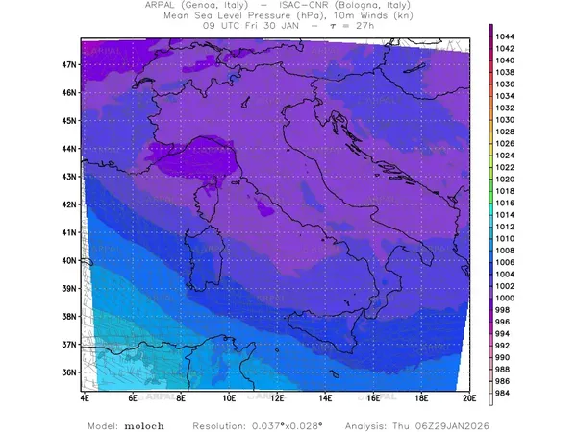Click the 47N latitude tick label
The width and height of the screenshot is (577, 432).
pyautogui.click(x=69, y=64)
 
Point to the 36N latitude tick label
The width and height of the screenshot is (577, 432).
pyautogui.click(x=69, y=372)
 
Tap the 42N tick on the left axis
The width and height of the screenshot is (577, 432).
pyautogui.click(x=69, y=204)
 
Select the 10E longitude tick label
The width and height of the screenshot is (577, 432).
pyautogui.click(x=229, y=396)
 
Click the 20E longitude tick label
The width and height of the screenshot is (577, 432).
pyautogui.click(x=469, y=396)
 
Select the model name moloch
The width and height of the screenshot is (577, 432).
pyautogui.click(x=140, y=424)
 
